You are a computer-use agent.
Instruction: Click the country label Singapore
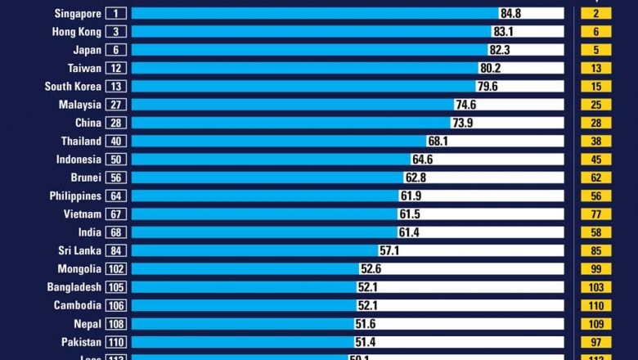coord(78,13)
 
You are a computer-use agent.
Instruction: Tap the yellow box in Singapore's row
coord(595,13)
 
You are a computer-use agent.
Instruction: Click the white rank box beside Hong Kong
coord(115,32)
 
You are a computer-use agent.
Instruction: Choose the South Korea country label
coord(73,87)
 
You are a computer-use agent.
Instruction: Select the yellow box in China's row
coord(595,123)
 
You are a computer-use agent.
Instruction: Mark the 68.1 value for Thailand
coord(438,142)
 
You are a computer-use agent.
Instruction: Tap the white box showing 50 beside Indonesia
coord(115,160)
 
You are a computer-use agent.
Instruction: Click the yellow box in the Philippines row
coord(595,196)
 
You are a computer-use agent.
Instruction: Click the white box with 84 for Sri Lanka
coord(115,250)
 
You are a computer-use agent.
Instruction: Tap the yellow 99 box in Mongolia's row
coord(595,269)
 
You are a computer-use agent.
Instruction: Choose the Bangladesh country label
coord(74,287)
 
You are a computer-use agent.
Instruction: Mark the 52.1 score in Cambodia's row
coord(367,305)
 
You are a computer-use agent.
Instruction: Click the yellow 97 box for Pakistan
coord(595,342)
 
